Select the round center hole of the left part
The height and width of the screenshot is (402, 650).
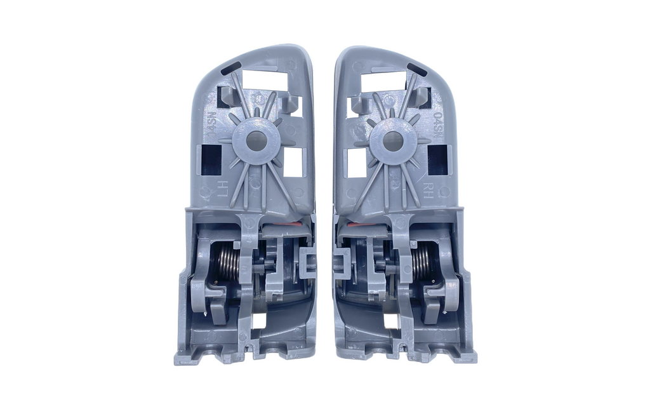coord(256,141)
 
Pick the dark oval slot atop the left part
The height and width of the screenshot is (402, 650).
coord(232,66)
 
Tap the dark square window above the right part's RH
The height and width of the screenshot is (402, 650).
coord(439,159)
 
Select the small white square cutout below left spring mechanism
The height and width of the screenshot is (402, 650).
coord(259,320)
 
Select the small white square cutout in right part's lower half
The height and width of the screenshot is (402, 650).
coord(392,321)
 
